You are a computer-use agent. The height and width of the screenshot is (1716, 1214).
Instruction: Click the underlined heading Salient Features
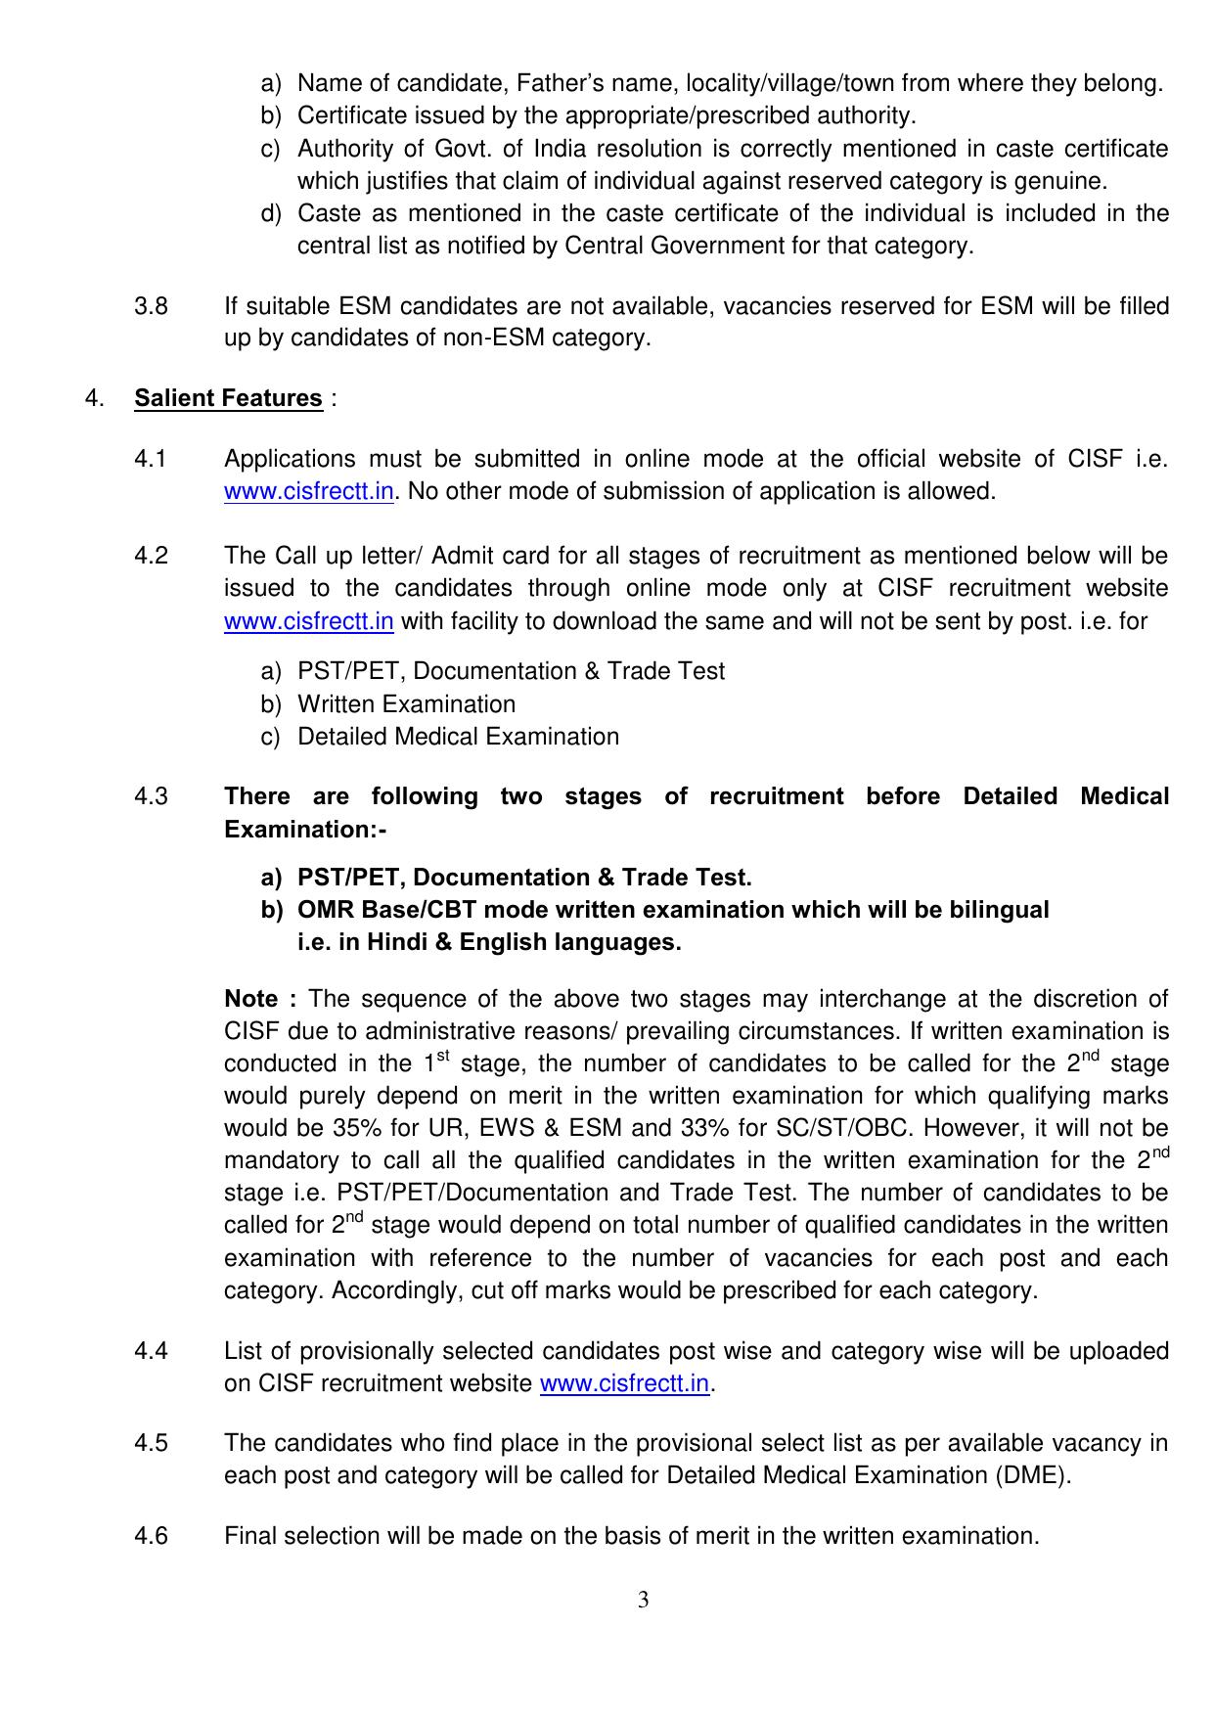pyautogui.click(x=228, y=399)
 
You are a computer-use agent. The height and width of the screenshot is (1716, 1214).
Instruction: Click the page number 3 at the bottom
pyautogui.click(x=643, y=1601)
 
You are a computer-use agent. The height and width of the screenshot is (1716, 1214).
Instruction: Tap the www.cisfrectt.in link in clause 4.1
pyautogui.click(x=308, y=492)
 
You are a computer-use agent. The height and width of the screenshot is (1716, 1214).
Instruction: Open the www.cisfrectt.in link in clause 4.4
pyautogui.click(x=624, y=1384)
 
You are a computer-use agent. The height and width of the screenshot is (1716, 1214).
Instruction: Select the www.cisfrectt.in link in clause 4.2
pyautogui.click(x=308, y=622)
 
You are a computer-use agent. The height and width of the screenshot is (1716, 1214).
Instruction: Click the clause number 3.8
pyautogui.click(x=151, y=307)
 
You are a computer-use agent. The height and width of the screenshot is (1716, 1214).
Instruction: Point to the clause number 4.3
pyautogui.click(x=151, y=797)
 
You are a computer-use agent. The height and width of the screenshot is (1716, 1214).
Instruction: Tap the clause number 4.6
pyautogui.click(x=151, y=1536)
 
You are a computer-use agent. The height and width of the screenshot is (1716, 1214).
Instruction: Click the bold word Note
pyautogui.click(x=251, y=999)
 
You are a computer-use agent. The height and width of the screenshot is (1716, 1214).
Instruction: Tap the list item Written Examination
pyautogui.click(x=406, y=704)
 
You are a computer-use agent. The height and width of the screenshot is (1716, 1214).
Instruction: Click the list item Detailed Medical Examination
pyautogui.click(x=458, y=737)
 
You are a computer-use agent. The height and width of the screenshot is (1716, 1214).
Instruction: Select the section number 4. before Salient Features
pyautogui.click(x=95, y=399)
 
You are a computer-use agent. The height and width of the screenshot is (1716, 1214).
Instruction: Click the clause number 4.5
pyautogui.click(x=151, y=1444)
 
